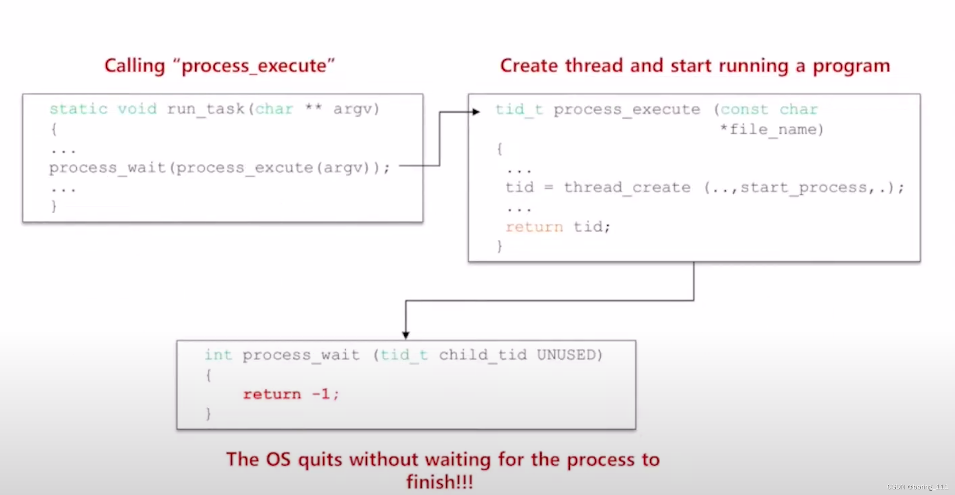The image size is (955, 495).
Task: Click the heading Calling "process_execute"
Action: coord(219,66)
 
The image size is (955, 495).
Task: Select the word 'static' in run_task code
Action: coord(78,109)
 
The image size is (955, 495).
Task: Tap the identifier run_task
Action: coord(206,109)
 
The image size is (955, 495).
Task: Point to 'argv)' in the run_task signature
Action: coord(356,109)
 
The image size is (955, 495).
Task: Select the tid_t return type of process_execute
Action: coord(519,110)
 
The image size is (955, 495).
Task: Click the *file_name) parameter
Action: coord(771,130)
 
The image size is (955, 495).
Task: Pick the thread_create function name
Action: coord(627,188)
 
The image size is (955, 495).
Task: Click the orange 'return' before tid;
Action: coord(534,227)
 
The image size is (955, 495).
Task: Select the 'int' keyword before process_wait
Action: coord(218,355)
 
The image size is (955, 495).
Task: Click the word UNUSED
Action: coord(566,355)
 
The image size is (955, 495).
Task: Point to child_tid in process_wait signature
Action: coord(483,355)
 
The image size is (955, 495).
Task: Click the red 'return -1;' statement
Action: coord(291,394)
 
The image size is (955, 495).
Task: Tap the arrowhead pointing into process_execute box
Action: coord(476,112)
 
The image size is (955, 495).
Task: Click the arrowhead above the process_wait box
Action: coord(406,335)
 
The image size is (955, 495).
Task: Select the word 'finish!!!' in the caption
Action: coord(439,482)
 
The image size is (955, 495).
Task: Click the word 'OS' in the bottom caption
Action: coord(278,459)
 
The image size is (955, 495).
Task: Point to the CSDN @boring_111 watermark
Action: coord(917,487)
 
